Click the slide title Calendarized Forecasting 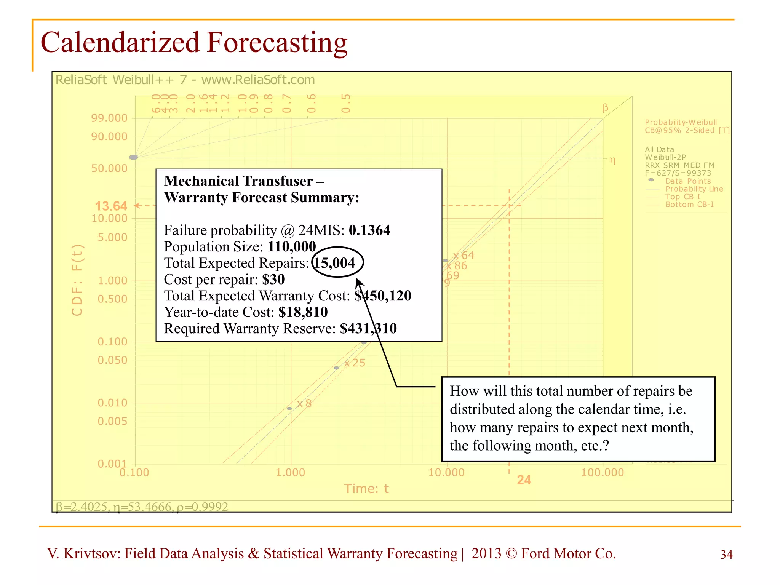194,43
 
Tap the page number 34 726,555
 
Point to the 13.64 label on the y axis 111,206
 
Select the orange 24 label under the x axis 524,480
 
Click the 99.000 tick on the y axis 109,118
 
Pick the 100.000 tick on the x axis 603,473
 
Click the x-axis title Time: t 366,489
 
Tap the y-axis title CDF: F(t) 77,280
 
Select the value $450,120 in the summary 383,296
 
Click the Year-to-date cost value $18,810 303,312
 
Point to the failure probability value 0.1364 369,230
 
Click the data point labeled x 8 289,408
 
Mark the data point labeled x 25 336,368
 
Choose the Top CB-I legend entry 682,197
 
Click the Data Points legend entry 687,181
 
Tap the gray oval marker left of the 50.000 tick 133,157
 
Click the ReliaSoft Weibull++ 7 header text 185,80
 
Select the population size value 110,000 292,247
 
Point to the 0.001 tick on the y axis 112,464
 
